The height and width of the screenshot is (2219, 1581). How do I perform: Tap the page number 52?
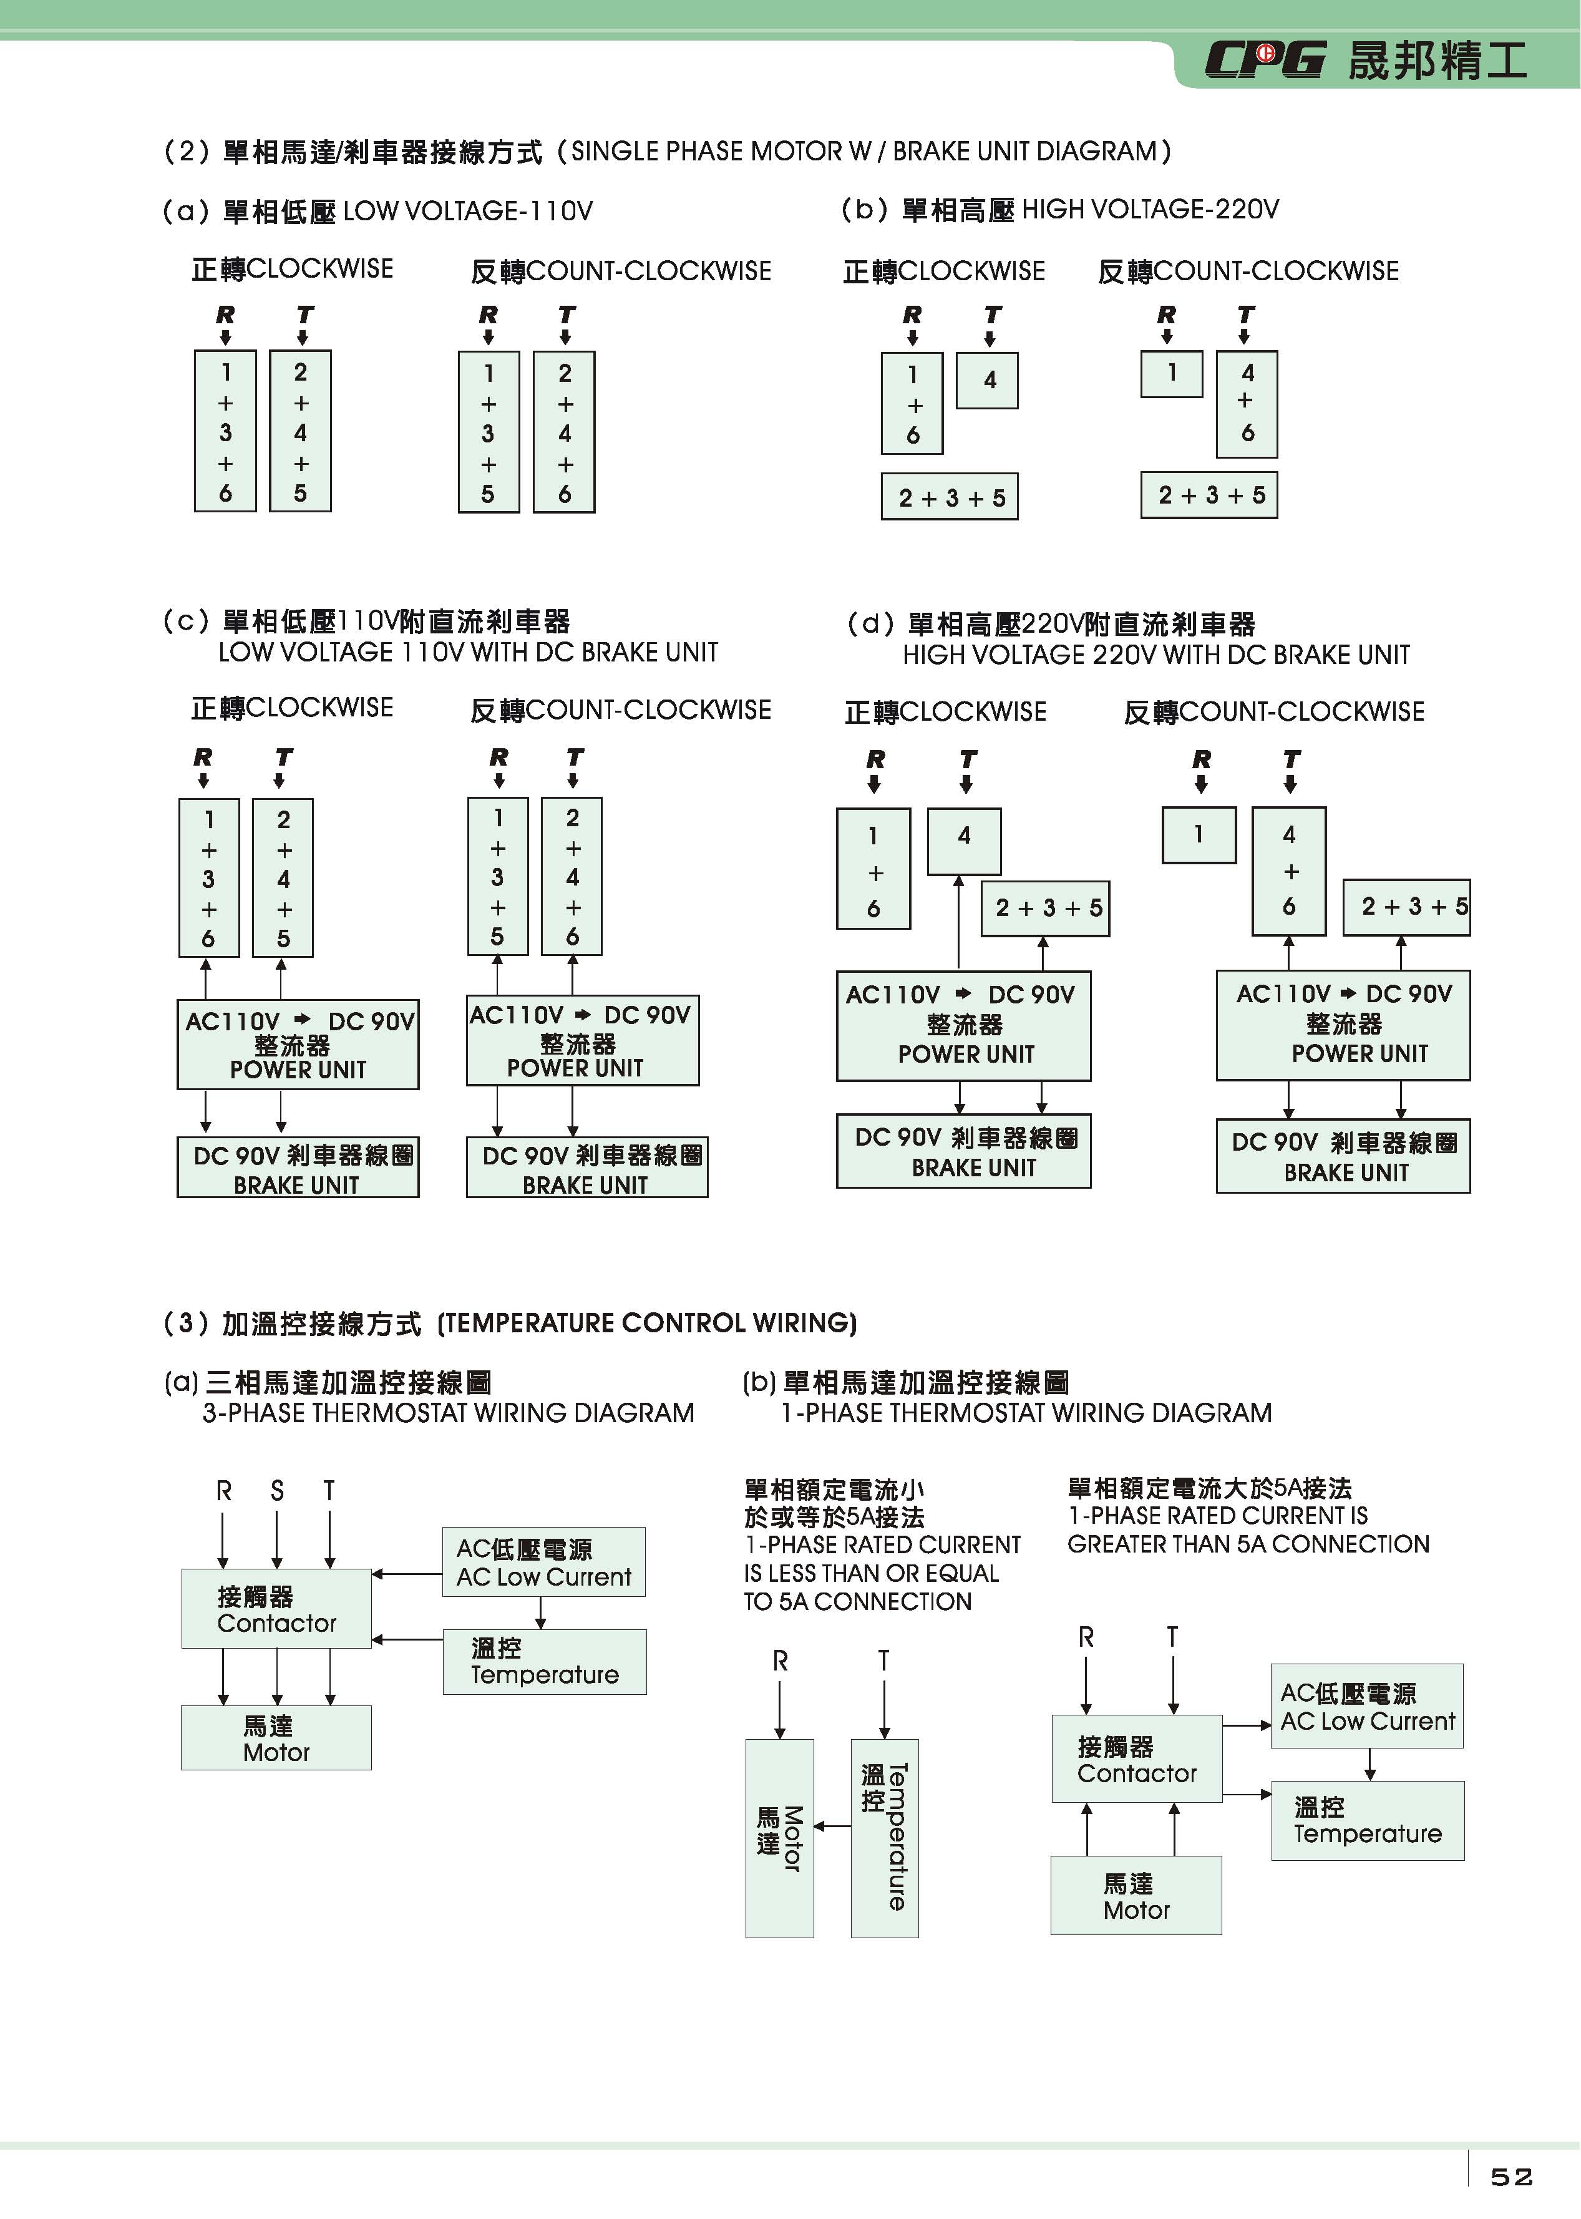pos(1511,2176)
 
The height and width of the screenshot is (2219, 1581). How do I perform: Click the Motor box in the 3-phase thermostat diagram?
pos(276,1738)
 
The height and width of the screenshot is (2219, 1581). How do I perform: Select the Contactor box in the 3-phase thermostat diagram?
pos(276,1609)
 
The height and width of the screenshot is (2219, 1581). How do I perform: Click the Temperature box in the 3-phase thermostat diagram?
pos(544,1661)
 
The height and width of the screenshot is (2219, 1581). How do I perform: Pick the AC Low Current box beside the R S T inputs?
pos(543,1562)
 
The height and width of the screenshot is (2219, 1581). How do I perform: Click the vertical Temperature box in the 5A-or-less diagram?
pos(884,1837)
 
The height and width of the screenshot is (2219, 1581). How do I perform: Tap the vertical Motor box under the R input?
pos(780,1837)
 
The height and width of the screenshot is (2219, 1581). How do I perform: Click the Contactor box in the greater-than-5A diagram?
pos(1136,1758)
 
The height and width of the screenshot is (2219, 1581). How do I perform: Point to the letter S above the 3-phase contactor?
pos(278,1491)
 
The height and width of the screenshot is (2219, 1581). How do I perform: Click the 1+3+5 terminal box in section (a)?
pos(488,432)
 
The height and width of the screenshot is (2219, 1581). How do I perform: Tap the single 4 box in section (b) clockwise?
pos(988,381)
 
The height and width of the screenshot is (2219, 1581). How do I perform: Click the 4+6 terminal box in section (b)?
pos(1247,403)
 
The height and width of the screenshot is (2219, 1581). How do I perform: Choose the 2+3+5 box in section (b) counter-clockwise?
pos(1209,495)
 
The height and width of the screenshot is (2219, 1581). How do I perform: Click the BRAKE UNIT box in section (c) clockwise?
pos(298,1168)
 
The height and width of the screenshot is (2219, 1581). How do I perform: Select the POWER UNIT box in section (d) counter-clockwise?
pos(1343,1024)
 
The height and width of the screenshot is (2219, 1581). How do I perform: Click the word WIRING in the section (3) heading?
pos(800,1322)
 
